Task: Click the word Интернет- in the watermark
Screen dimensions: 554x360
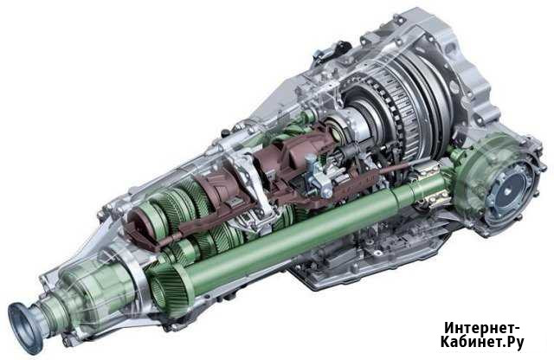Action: coord(482,327)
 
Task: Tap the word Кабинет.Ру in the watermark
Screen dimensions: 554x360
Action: coord(482,342)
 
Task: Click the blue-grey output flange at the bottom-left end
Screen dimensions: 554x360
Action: coord(25,327)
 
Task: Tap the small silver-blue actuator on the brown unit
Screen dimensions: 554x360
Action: coord(318,176)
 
